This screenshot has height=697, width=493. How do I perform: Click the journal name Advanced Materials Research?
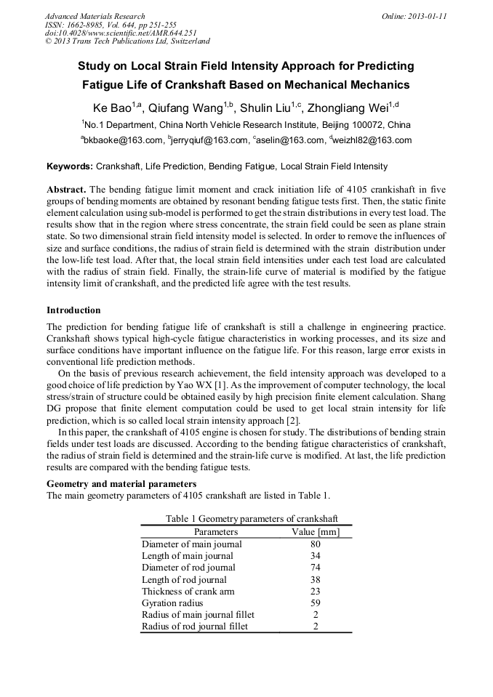95,16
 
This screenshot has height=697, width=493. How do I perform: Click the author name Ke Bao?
108,108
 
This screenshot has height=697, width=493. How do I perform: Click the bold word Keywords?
69,166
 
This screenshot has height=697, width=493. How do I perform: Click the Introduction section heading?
73,310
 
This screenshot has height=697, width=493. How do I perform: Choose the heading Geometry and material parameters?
121,484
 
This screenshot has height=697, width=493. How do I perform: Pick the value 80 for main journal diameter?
316,544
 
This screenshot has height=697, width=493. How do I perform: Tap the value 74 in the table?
316,568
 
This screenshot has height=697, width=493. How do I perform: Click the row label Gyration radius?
172,603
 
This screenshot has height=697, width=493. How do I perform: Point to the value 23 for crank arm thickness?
316,591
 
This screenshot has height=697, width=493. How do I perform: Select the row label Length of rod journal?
184,579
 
